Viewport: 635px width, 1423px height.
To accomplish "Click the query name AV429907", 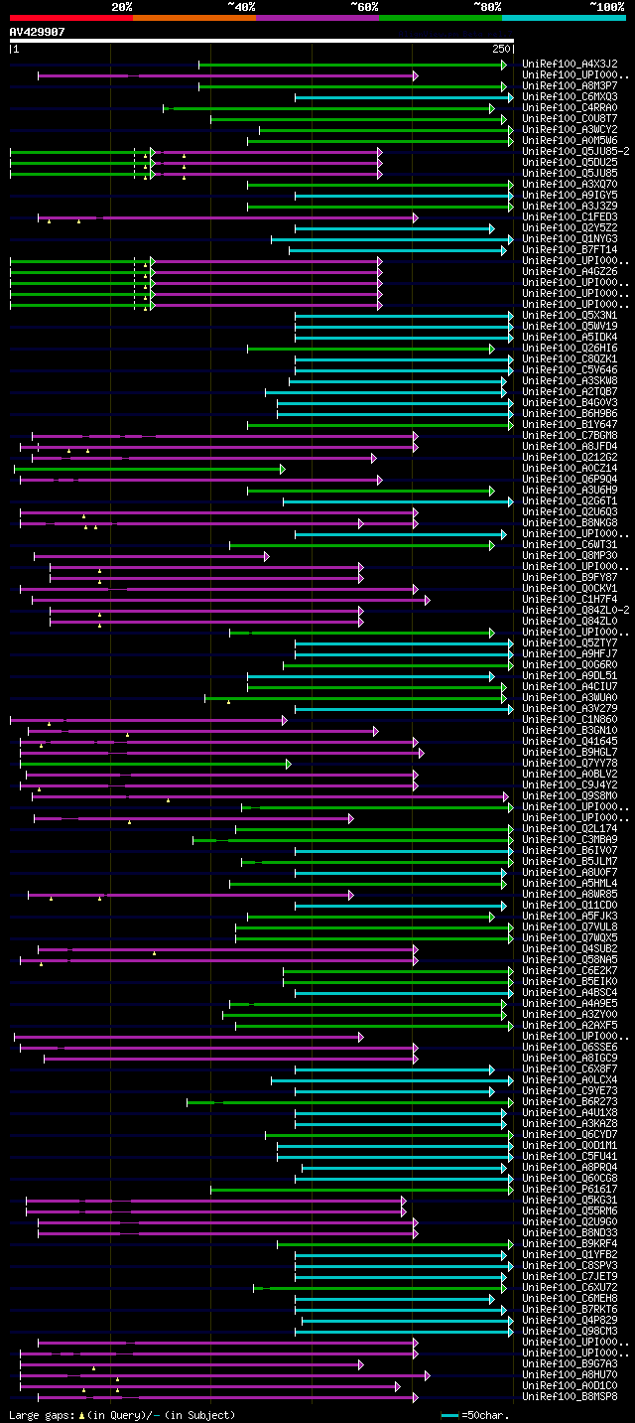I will [38, 32].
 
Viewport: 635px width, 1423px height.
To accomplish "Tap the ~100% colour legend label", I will [607, 7].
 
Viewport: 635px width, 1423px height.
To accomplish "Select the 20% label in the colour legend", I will [122, 7].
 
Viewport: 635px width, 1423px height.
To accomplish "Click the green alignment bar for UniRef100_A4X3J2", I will [352, 65].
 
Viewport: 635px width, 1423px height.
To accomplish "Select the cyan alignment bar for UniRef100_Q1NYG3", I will [392, 239].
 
